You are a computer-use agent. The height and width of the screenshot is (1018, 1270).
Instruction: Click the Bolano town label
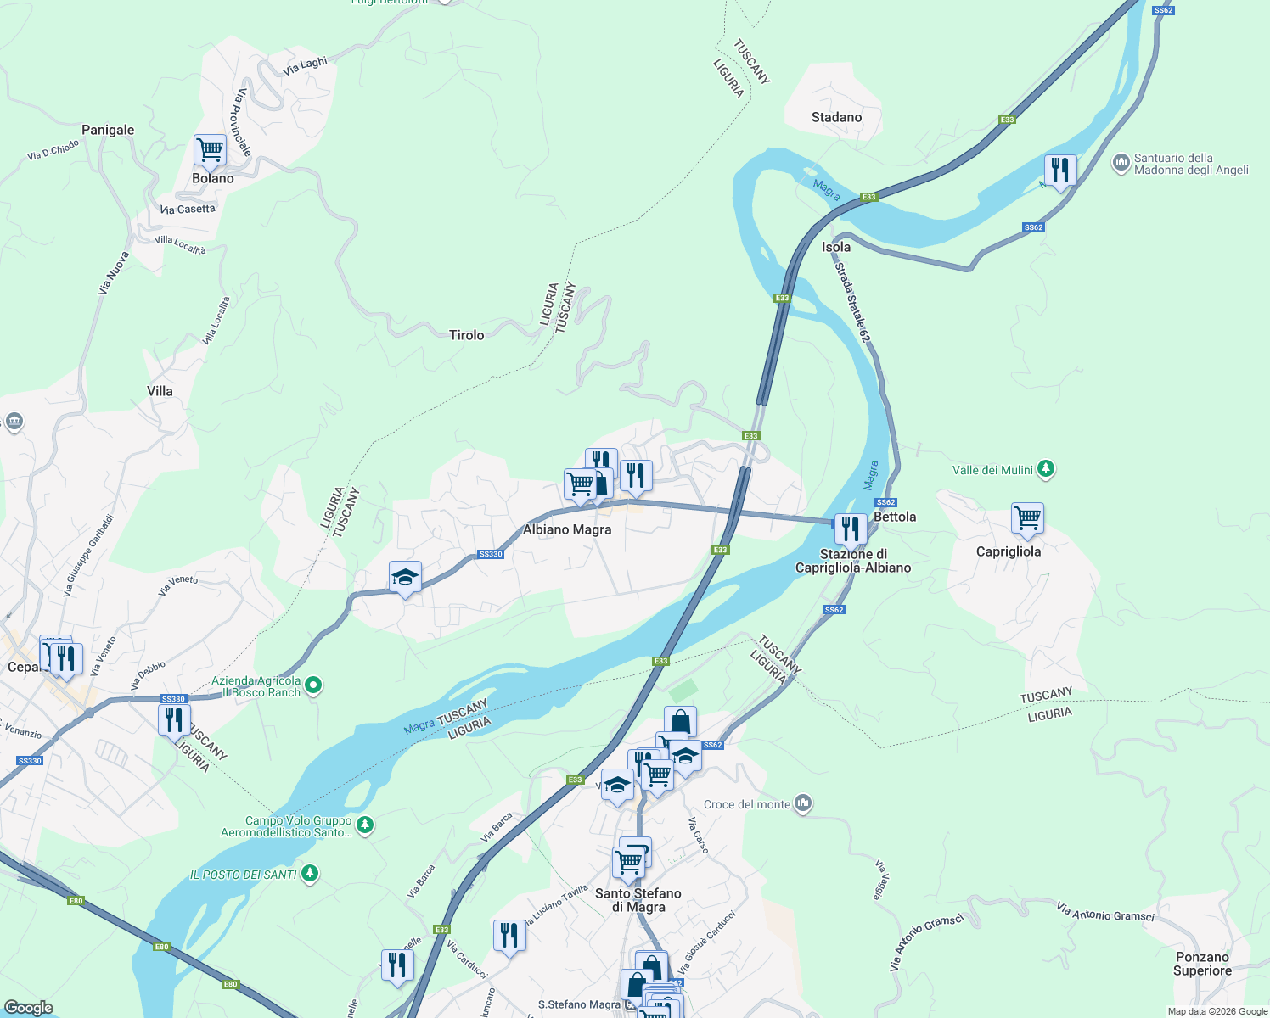click(212, 178)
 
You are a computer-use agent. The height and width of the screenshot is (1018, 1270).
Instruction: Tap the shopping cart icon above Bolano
click(210, 150)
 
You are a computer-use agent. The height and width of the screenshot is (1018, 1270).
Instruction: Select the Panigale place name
click(108, 130)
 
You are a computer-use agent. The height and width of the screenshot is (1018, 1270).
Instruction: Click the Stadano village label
click(836, 117)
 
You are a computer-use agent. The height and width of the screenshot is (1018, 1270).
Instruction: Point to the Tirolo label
click(466, 335)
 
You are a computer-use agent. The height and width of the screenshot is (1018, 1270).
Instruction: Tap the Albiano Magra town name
click(567, 529)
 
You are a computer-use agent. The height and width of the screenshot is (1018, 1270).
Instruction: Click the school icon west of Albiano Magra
click(405, 578)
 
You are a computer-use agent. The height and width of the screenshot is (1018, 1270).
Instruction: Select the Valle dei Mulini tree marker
click(1046, 469)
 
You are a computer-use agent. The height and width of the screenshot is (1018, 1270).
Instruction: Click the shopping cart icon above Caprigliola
click(1027, 518)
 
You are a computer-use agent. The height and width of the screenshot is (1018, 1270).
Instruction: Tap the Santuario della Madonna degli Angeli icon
click(1121, 161)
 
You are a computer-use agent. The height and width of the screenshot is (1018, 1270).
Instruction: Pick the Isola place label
click(835, 247)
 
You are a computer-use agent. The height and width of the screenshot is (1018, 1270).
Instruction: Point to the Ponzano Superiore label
click(1202, 964)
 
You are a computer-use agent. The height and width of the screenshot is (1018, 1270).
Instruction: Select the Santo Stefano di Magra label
click(638, 900)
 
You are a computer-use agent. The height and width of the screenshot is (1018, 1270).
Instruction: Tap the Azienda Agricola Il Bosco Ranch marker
click(313, 685)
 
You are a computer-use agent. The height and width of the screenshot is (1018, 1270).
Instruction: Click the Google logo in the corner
click(28, 1007)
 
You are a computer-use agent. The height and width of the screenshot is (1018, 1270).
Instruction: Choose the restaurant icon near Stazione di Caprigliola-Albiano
click(850, 529)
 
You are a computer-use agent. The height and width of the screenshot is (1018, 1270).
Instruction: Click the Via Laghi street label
click(306, 64)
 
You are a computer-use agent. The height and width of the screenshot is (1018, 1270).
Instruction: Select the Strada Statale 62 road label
click(852, 302)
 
